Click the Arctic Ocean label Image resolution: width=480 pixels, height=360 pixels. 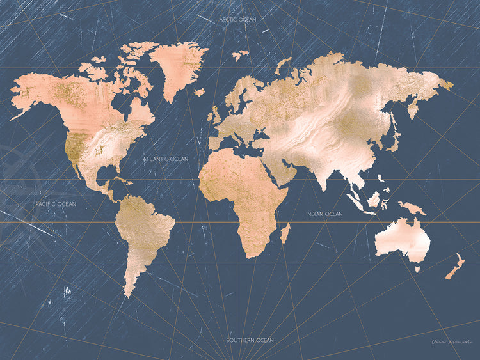click(x=237, y=20)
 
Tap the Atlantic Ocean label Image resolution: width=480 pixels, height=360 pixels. click(x=166, y=158)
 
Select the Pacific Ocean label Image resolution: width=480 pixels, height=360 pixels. click(x=56, y=204)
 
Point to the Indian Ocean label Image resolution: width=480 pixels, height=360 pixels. click(x=324, y=214)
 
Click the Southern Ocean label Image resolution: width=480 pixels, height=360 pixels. click(x=250, y=340)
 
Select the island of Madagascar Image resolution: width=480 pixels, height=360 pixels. click(x=285, y=233)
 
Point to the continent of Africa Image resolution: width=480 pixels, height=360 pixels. click(x=243, y=192)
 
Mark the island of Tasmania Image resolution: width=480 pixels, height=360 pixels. click(x=417, y=269)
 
